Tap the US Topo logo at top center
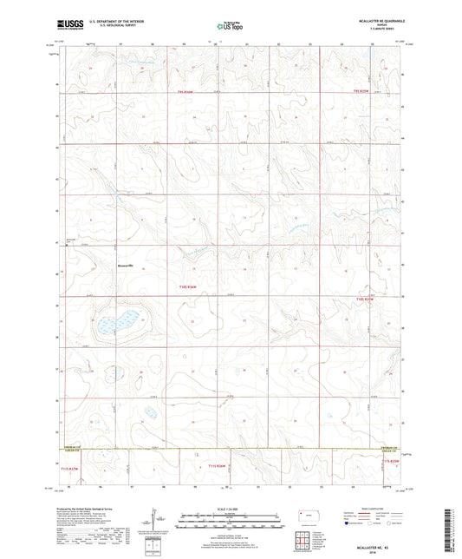pos(230,27)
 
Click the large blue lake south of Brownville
pos(115,322)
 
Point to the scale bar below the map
pos(230,520)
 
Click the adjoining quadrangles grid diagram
pos(304,540)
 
